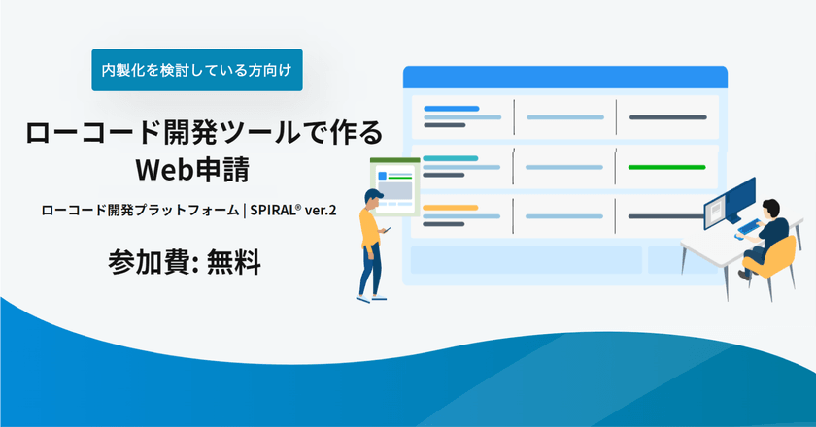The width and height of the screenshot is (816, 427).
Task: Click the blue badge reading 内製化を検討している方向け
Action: (x=197, y=70)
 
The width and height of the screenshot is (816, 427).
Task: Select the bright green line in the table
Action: (x=666, y=167)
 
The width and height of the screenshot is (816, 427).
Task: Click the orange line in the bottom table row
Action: (x=450, y=208)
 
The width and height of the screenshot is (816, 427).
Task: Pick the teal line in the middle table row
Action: (x=450, y=158)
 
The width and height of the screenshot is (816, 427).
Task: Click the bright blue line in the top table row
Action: (x=452, y=109)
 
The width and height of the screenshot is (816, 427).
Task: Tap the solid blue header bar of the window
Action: (x=564, y=76)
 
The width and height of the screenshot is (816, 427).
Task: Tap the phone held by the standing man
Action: (x=386, y=230)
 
